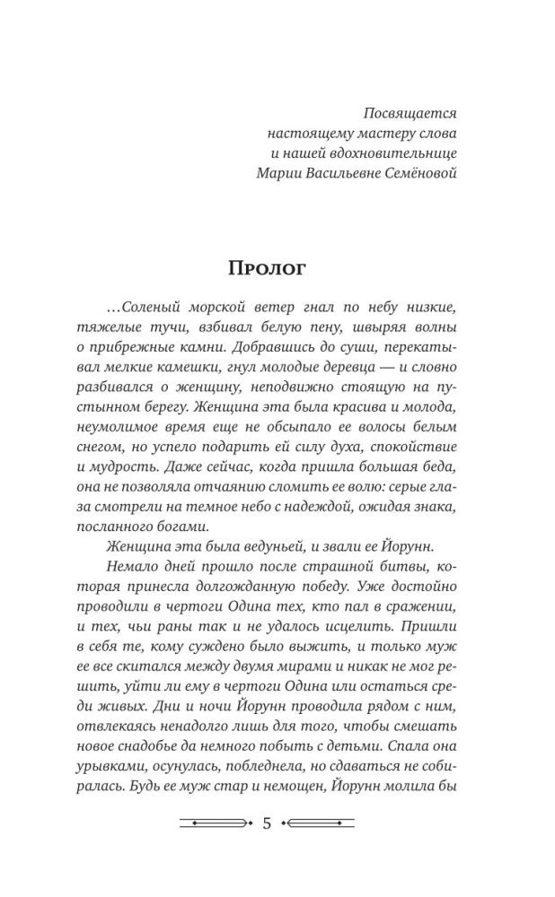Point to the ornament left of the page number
point(216,823)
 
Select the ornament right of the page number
point(319,823)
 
